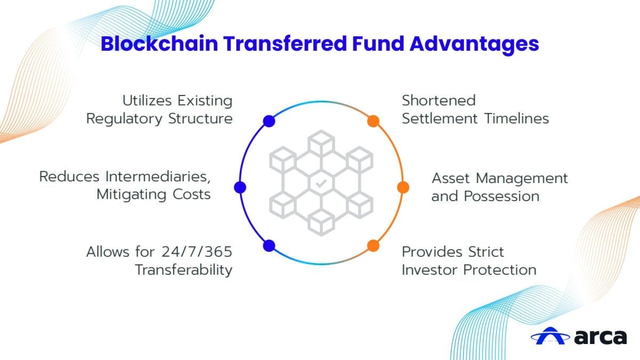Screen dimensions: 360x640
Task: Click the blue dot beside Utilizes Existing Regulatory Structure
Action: click(x=269, y=121)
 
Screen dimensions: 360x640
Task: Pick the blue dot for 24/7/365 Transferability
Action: click(x=269, y=245)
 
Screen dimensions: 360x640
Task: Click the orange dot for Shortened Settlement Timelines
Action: click(x=373, y=121)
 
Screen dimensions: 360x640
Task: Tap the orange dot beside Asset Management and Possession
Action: click(x=403, y=187)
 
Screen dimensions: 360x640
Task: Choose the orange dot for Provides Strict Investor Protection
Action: click(x=373, y=245)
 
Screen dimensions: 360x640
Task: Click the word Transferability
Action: click(x=183, y=270)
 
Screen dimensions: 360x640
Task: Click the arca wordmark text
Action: click(x=601, y=337)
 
